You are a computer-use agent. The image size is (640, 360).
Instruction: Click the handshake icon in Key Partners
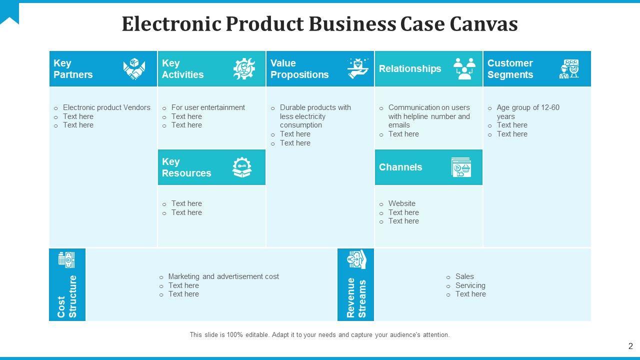point(134,69)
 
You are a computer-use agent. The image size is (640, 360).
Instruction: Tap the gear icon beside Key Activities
point(244,69)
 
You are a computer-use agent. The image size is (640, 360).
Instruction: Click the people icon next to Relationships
point(464,68)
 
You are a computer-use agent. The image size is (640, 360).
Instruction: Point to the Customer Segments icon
point(569,69)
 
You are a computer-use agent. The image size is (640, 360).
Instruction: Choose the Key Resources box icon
point(242,167)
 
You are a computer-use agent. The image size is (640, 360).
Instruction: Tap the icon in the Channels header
point(461,167)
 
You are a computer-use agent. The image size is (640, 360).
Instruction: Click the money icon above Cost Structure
point(66,259)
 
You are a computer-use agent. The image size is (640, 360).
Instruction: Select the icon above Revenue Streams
point(357,259)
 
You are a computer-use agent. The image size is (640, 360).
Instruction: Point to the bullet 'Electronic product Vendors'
point(106,107)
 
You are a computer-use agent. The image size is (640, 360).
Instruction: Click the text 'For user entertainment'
point(208,107)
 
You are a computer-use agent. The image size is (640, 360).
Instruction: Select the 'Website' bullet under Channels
point(402,203)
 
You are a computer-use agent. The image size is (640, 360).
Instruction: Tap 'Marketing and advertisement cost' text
point(223,276)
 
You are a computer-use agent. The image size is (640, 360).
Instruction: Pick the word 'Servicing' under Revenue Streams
point(470,285)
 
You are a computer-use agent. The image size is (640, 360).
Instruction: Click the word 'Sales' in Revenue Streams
point(464,276)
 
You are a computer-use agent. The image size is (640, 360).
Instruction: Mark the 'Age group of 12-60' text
point(528,107)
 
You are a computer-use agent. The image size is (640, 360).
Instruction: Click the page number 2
point(630,346)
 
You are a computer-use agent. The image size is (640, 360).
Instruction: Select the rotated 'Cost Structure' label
point(67,296)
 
